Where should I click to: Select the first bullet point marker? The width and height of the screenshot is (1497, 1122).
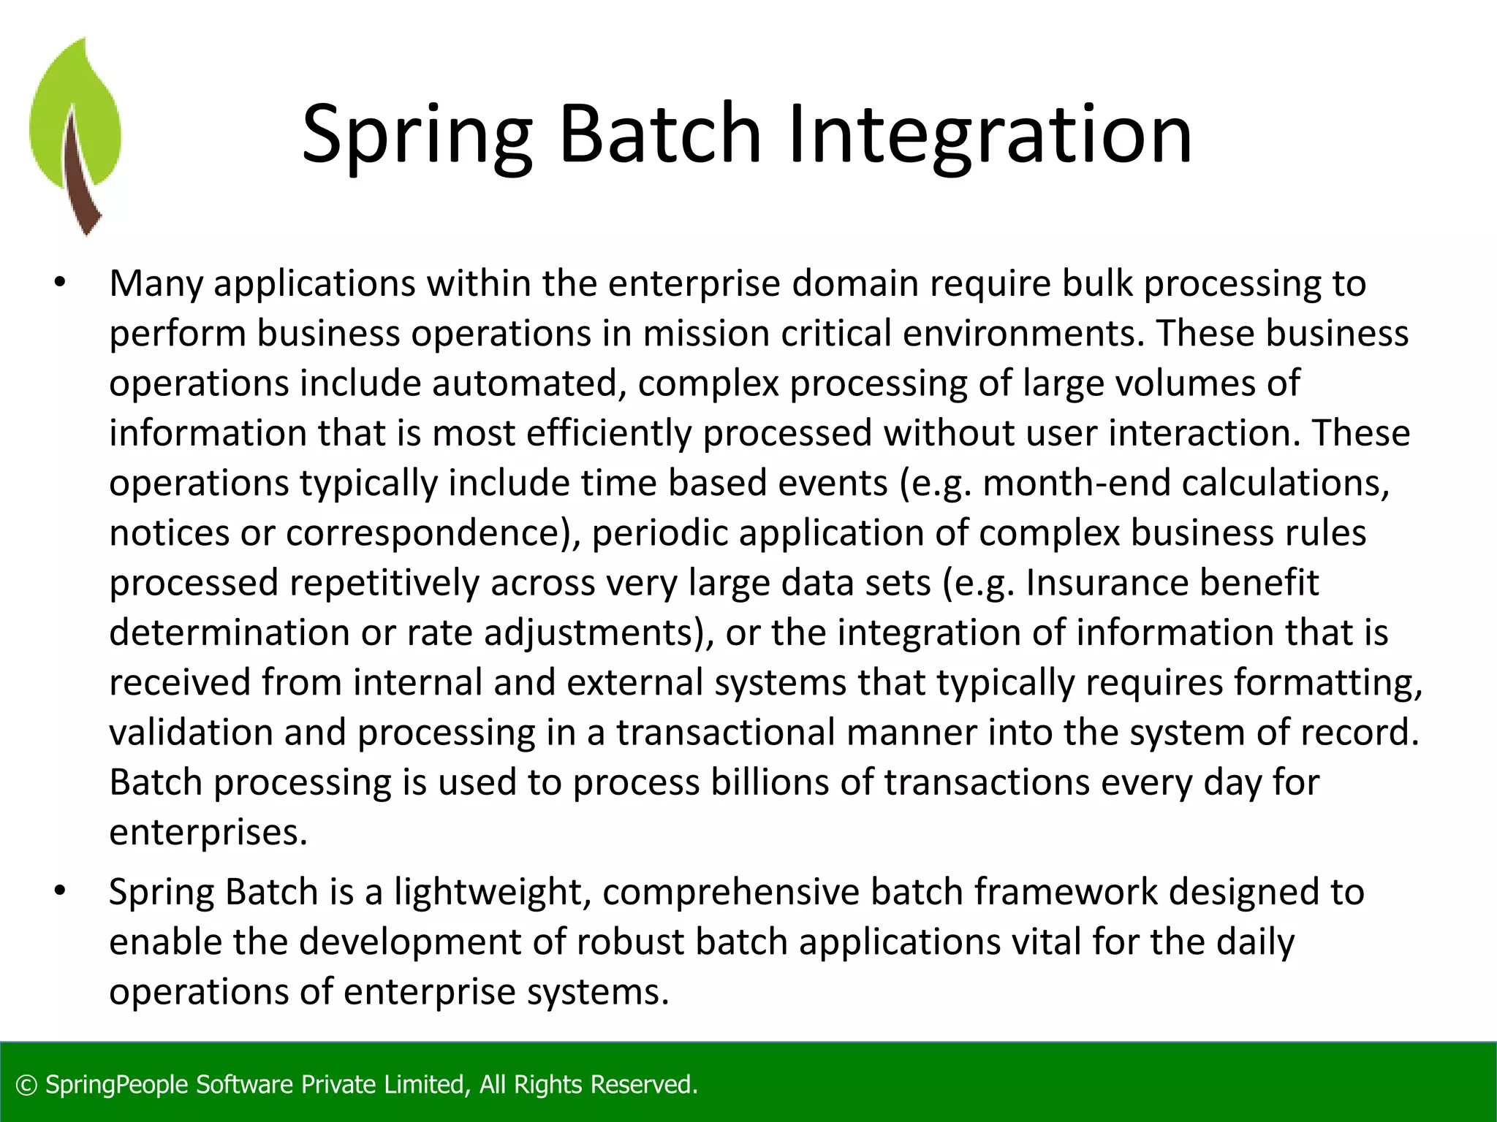pyautogui.click(x=60, y=283)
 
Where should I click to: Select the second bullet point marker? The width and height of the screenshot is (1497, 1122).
pyautogui.click(x=60, y=892)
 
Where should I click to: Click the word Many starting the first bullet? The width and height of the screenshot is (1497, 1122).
pyautogui.click(x=156, y=283)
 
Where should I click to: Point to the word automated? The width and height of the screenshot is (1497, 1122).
pyautogui.click(x=523, y=383)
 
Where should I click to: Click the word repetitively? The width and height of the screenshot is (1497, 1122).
pyautogui.click(x=384, y=583)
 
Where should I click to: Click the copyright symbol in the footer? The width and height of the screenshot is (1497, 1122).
pyautogui.click(x=26, y=1085)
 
